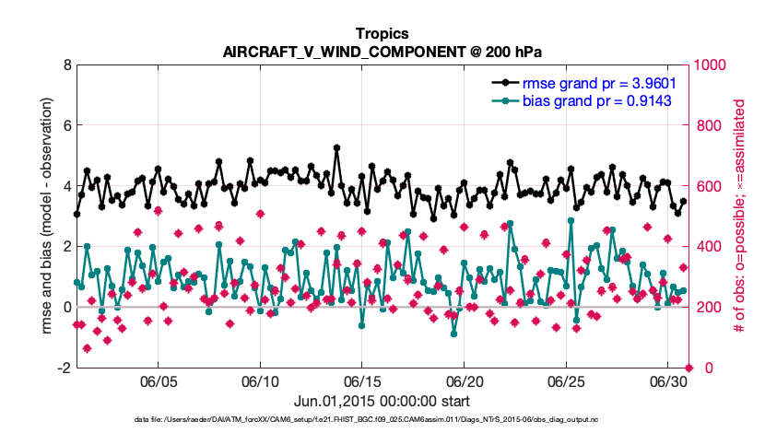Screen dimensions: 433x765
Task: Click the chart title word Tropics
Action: (382, 33)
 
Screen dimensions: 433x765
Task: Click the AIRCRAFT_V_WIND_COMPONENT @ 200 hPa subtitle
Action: (382, 51)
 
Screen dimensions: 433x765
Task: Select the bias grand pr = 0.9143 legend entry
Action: (599, 99)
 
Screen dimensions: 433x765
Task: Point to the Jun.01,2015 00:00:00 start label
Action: (382, 401)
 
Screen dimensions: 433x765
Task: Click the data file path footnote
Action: (382, 420)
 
